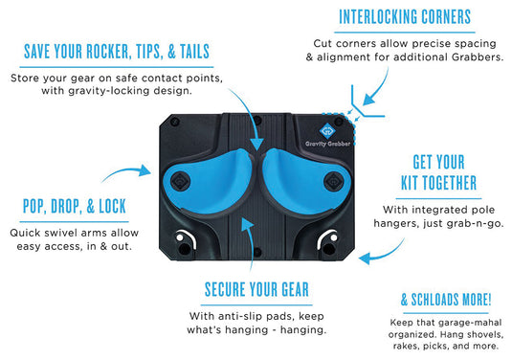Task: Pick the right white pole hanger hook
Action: pyautogui.click(x=330, y=240)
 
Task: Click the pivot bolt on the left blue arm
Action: pyautogui.click(x=179, y=179)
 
